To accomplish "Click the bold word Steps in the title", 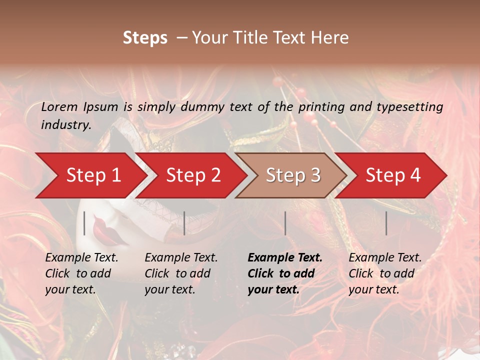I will point(145,38).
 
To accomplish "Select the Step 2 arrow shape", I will point(190,175).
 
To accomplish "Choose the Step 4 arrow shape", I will point(392,175).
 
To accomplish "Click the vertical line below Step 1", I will point(84,223).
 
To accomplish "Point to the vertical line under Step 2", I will point(184,223).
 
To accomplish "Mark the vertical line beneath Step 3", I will point(285,223).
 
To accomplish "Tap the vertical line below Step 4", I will point(386,223).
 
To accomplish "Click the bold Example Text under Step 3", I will point(285,258).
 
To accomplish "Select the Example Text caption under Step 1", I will point(81,258).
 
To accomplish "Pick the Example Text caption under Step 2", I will point(181,258).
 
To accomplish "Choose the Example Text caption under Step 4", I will point(385,258).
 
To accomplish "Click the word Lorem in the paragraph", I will point(59,107).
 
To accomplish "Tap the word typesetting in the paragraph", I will point(414,107).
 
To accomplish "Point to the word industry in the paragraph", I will point(66,125).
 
